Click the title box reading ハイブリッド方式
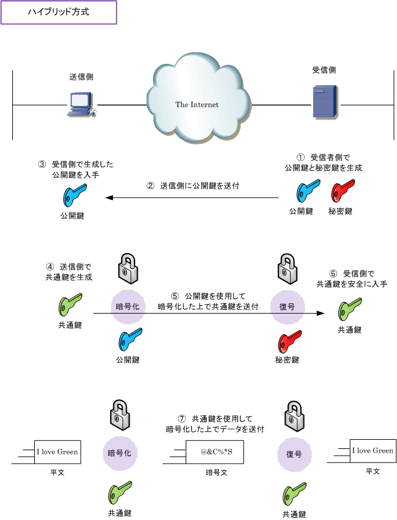[59, 12]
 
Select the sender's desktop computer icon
[81, 105]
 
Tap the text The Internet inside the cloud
[196, 105]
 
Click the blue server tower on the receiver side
[322, 102]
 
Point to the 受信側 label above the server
[324, 70]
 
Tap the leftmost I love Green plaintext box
[57, 452]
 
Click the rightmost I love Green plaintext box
[373, 451]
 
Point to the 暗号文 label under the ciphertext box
[217, 473]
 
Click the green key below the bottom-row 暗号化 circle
[120, 492]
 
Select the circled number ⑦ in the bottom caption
[184, 418]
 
